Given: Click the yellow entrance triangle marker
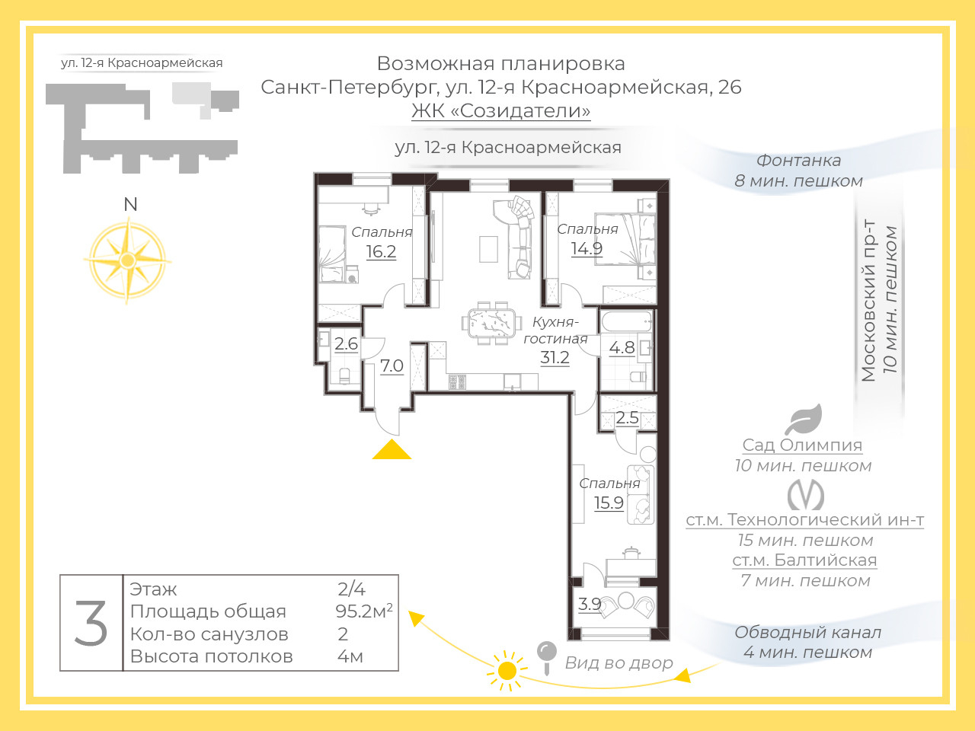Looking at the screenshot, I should (392, 450).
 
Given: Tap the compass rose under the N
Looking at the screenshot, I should (127, 260).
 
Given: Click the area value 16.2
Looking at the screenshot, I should (381, 251).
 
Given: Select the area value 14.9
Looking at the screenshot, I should (587, 248).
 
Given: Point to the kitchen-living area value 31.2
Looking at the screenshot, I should (555, 357).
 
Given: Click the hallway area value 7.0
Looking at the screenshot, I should (392, 365).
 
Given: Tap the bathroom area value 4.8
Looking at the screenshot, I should (622, 348).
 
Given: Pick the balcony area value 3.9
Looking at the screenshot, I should (590, 604).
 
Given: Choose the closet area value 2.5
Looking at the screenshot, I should (628, 417).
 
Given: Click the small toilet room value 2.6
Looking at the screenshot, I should (346, 343).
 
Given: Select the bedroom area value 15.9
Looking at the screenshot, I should (609, 503).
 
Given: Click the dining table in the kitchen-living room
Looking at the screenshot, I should (488, 323).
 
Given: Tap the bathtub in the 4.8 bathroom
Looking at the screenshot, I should (627, 321).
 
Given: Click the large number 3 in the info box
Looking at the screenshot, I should (91, 624).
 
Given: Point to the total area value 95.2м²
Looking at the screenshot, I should (363, 611).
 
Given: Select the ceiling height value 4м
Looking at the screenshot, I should (350, 656).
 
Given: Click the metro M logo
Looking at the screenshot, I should (805, 495).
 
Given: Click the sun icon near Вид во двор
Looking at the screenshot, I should (507, 671).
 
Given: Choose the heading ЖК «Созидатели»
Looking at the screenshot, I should (500, 110).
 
